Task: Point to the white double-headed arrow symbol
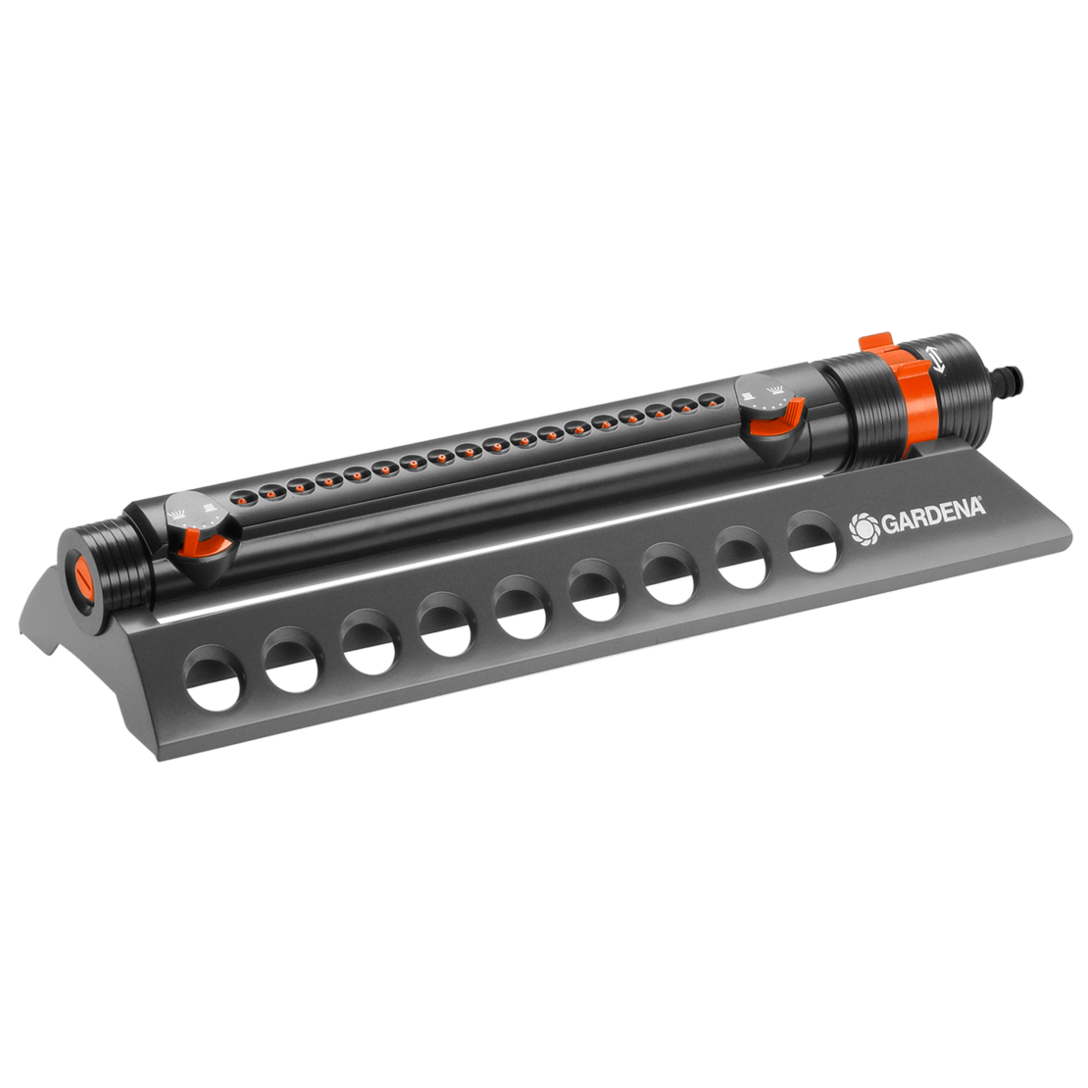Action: (x=938, y=359)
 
